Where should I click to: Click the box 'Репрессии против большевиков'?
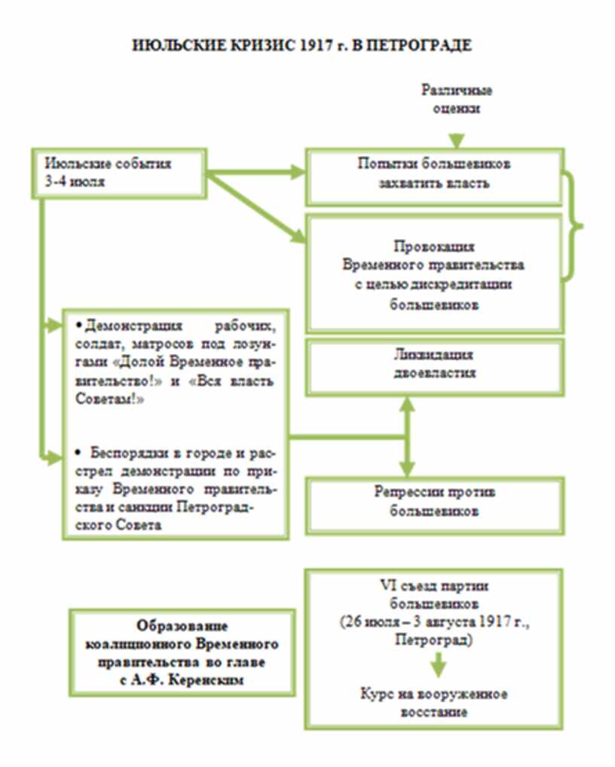tap(433, 503)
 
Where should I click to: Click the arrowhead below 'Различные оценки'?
tap(457, 139)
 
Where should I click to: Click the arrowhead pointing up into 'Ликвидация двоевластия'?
tap(407, 404)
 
